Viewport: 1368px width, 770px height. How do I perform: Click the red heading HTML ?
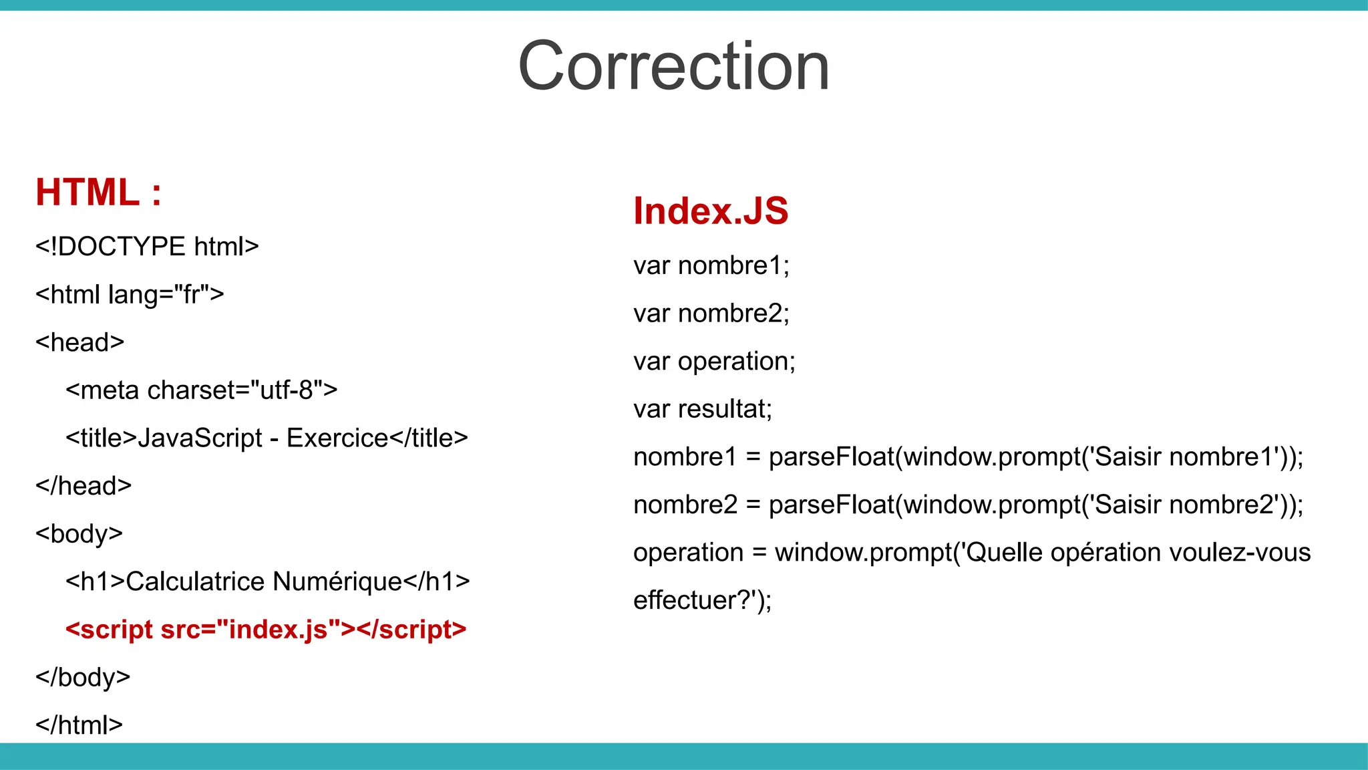98,192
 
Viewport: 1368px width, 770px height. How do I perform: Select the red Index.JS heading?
710,211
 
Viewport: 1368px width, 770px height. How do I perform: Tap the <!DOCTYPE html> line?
147,247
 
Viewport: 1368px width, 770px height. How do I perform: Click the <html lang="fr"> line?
130,294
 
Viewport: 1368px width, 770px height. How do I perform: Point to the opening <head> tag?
80,342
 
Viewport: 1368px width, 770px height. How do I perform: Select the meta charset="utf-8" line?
201,390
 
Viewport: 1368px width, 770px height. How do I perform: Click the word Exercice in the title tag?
337,438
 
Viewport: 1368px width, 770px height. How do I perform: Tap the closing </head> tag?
83,486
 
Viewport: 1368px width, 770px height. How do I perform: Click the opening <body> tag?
79,534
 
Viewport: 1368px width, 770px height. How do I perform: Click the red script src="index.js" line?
266,630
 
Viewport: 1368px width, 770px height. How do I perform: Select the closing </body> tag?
83,677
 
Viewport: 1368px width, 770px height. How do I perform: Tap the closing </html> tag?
79,725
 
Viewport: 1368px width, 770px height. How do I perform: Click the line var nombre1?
711,266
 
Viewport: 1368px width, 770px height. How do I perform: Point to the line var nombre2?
711,313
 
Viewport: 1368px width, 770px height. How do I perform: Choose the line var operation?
714,362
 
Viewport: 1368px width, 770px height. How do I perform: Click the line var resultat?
702,409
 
